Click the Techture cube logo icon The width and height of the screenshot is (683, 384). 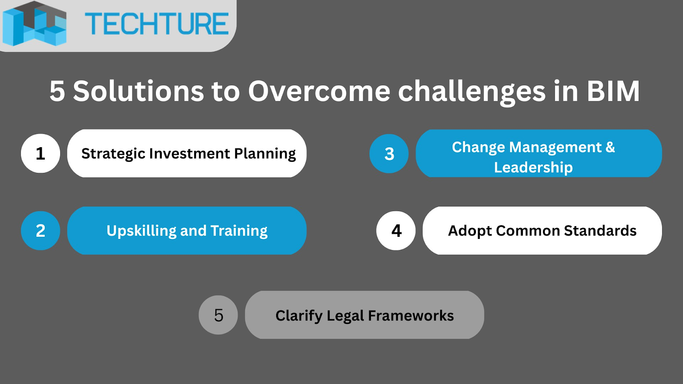34,24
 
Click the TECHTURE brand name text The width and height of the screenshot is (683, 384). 157,24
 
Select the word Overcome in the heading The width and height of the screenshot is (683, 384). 319,91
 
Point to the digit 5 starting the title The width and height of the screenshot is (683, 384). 57,91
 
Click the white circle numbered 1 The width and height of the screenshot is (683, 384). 41,153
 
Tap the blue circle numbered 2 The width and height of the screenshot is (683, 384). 41,231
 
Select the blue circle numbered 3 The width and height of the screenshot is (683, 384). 389,154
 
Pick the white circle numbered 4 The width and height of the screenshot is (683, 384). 396,231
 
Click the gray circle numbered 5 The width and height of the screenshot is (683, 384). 218,315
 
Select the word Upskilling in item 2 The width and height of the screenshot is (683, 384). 141,231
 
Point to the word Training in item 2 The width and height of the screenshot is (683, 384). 239,231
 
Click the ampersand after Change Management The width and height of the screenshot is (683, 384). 610,147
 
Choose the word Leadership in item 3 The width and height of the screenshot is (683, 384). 533,168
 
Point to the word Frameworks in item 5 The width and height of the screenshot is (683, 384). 411,315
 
